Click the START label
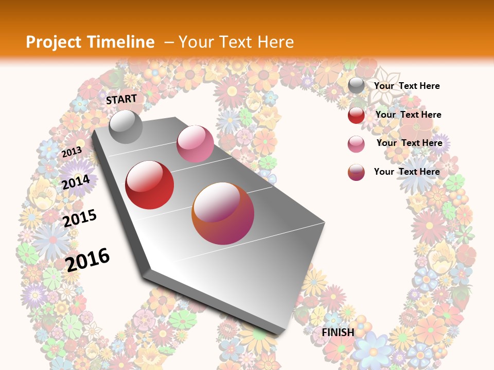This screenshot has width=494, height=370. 121,99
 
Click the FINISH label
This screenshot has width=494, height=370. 338,332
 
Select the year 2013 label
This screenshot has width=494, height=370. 72,152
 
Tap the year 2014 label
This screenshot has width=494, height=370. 76,182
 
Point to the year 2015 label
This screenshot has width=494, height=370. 80,218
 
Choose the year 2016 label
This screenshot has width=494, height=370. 88,259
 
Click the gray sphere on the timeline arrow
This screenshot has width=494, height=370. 126,126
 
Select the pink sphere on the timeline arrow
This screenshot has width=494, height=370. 195,144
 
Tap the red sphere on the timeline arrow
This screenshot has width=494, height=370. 150,185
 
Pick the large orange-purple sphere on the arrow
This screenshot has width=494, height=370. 223,213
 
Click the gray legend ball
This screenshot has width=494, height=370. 356,86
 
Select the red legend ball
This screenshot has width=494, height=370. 356,115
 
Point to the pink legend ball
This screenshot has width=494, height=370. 356,144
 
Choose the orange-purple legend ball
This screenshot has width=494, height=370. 356,172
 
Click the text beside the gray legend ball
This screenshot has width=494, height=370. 407,86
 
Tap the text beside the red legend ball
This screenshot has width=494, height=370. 408,115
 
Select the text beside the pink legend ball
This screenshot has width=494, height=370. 409,143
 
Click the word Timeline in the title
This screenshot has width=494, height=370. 122,42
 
